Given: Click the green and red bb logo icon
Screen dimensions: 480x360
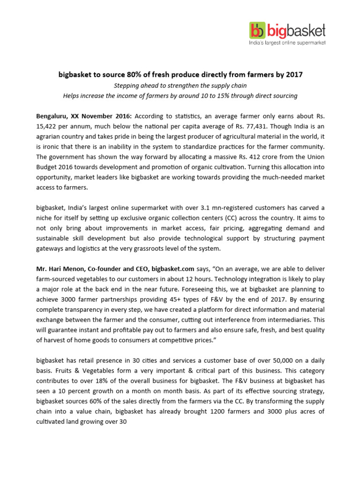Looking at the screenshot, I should tap(257, 31).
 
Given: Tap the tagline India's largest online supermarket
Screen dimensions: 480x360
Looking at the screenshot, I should tap(287, 43).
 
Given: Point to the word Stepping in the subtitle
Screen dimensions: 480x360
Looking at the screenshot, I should tap(128, 85).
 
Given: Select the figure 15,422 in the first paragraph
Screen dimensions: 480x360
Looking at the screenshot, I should tap(48, 126).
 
